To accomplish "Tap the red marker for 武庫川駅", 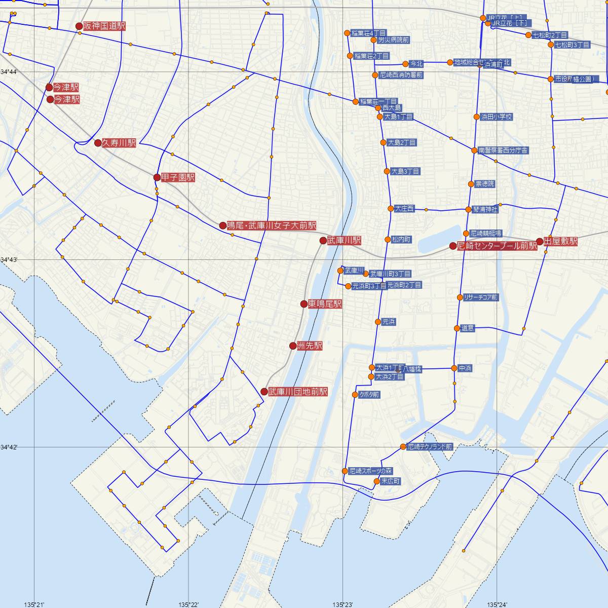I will [x=323, y=241].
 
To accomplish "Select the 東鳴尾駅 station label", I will [x=325, y=304].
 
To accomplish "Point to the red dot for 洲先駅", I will [x=293, y=346].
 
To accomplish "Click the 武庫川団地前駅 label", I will [x=298, y=392].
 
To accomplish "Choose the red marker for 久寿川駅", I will [x=98, y=143].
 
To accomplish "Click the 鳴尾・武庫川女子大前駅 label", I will [x=272, y=225].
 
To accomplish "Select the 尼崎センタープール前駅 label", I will [x=497, y=246].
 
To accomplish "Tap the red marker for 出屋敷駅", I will [x=540, y=242].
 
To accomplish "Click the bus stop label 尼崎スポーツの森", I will [x=371, y=471].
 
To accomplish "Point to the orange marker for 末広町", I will [x=376, y=481].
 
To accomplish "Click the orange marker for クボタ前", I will [x=355, y=395].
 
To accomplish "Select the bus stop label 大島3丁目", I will [x=405, y=172].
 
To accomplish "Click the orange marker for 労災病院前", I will [x=374, y=40].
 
